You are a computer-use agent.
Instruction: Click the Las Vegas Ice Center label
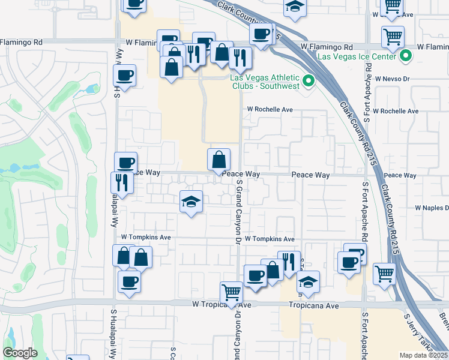(x=356, y=56)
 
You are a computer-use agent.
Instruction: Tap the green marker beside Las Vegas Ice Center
(x=405, y=56)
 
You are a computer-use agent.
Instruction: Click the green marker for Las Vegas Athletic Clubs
(x=309, y=80)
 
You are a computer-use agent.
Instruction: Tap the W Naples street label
(x=432, y=208)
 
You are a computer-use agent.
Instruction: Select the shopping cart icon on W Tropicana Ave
(x=231, y=293)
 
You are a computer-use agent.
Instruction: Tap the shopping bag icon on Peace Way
(x=219, y=160)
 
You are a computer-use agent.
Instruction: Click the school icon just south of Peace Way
(x=191, y=202)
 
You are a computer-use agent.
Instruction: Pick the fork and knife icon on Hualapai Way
(x=122, y=182)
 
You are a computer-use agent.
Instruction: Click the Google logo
(x=20, y=353)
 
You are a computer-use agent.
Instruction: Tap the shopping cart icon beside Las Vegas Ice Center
(x=393, y=37)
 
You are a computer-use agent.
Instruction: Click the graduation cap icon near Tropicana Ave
(x=308, y=282)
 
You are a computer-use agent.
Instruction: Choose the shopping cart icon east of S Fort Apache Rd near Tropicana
(x=384, y=274)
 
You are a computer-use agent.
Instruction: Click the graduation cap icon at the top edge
(x=294, y=7)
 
